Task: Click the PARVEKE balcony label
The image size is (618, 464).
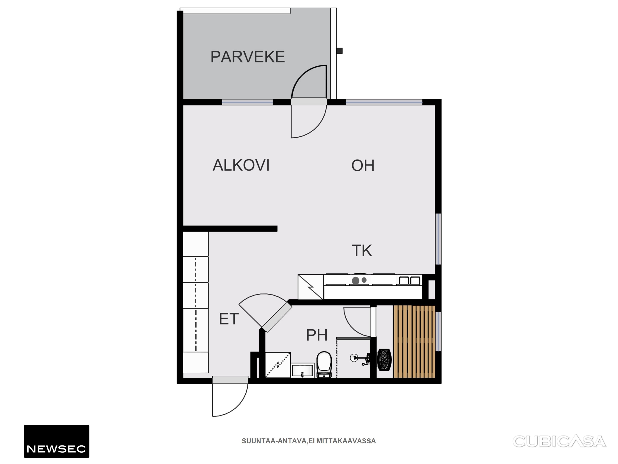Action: click(247, 57)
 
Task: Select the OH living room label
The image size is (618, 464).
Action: click(363, 165)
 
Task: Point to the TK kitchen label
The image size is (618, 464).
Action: click(362, 250)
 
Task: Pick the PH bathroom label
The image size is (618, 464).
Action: click(316, 335)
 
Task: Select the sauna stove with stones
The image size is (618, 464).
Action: click(384, 360)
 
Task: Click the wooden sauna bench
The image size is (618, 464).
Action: click(414, 341)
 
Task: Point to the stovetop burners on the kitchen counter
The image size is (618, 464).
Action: click(359, 280)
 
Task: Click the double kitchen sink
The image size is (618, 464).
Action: click(410, 280)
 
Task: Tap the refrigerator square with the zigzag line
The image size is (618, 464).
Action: click(311, 287)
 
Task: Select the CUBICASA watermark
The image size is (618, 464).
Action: click(559, 441)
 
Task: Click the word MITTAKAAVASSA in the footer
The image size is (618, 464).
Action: click(346, 441)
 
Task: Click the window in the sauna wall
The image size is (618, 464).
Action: click(438, 331)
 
